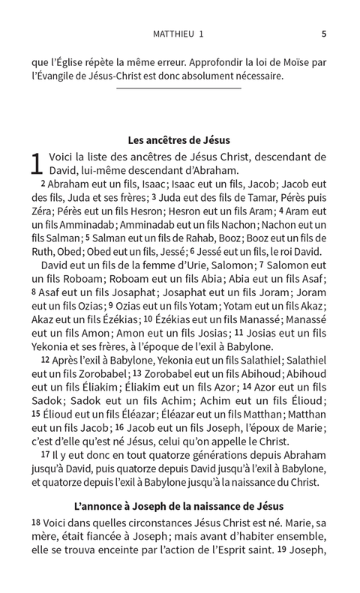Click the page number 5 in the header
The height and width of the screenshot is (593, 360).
pyautogui.click(x=323, y=33)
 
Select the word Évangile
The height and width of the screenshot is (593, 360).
pyautogui.click(x=61, y=76)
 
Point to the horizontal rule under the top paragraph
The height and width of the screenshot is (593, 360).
pyautogui.click(x=179, y=89)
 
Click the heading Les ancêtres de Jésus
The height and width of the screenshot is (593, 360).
pyautogui.click(x=179, y=139)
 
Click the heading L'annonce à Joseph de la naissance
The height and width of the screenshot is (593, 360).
pyautogui.click(x=179, y=508)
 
